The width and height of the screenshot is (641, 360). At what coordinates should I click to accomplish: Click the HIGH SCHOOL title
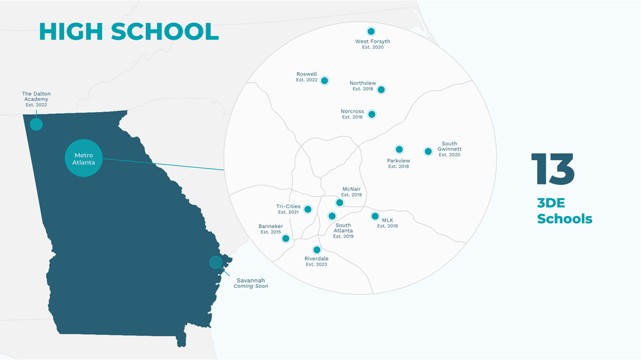click(x=129, y=31)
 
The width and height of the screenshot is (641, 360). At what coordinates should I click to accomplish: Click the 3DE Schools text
click(x=564, y=211)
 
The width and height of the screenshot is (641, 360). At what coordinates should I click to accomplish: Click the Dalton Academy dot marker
click(x=37, y=124)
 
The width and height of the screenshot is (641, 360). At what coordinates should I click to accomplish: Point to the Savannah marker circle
click(x=216, y=262)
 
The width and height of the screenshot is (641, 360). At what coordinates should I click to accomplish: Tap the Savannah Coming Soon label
click(x=251, y=283)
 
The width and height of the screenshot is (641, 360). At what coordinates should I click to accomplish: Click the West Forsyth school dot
click(x=370, y=31)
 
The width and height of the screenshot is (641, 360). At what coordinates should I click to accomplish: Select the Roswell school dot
click(x=324, y=81)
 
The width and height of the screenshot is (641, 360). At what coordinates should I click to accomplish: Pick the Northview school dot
click(x=381, y=90)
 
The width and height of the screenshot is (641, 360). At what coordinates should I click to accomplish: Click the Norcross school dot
click(x=372, y=114)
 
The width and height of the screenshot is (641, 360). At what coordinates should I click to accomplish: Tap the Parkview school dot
click(x=399, y=149)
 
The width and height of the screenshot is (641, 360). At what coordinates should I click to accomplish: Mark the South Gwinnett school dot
click(x=428, y=151)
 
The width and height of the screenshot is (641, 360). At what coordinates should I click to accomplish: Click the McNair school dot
click(x=340, y=202)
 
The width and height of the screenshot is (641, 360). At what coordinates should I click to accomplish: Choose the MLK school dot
click(x=376, y=217)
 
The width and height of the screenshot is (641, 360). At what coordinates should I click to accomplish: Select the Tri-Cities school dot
click(x=308, y=209)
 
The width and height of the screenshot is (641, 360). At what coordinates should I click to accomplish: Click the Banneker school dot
click(x=286, y=238)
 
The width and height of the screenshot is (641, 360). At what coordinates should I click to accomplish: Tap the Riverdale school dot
click(x=317, y=249)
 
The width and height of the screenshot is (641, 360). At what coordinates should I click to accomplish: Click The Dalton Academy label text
click(x=37, y=99)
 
